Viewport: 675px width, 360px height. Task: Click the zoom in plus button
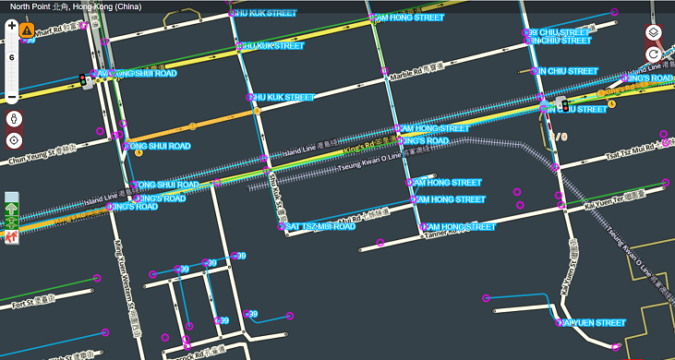(x=12, y=26)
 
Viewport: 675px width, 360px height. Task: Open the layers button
(x=653, y=32)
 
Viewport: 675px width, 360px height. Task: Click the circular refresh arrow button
(x=653, y=54)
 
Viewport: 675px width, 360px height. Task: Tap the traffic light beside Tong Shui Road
(x=84, y=79)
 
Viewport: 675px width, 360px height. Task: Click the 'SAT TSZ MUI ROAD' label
(x=319, y=226)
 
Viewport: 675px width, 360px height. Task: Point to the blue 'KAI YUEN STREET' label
(x=592, y=323)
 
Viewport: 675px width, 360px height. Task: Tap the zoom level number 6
(x=12, y=57)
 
